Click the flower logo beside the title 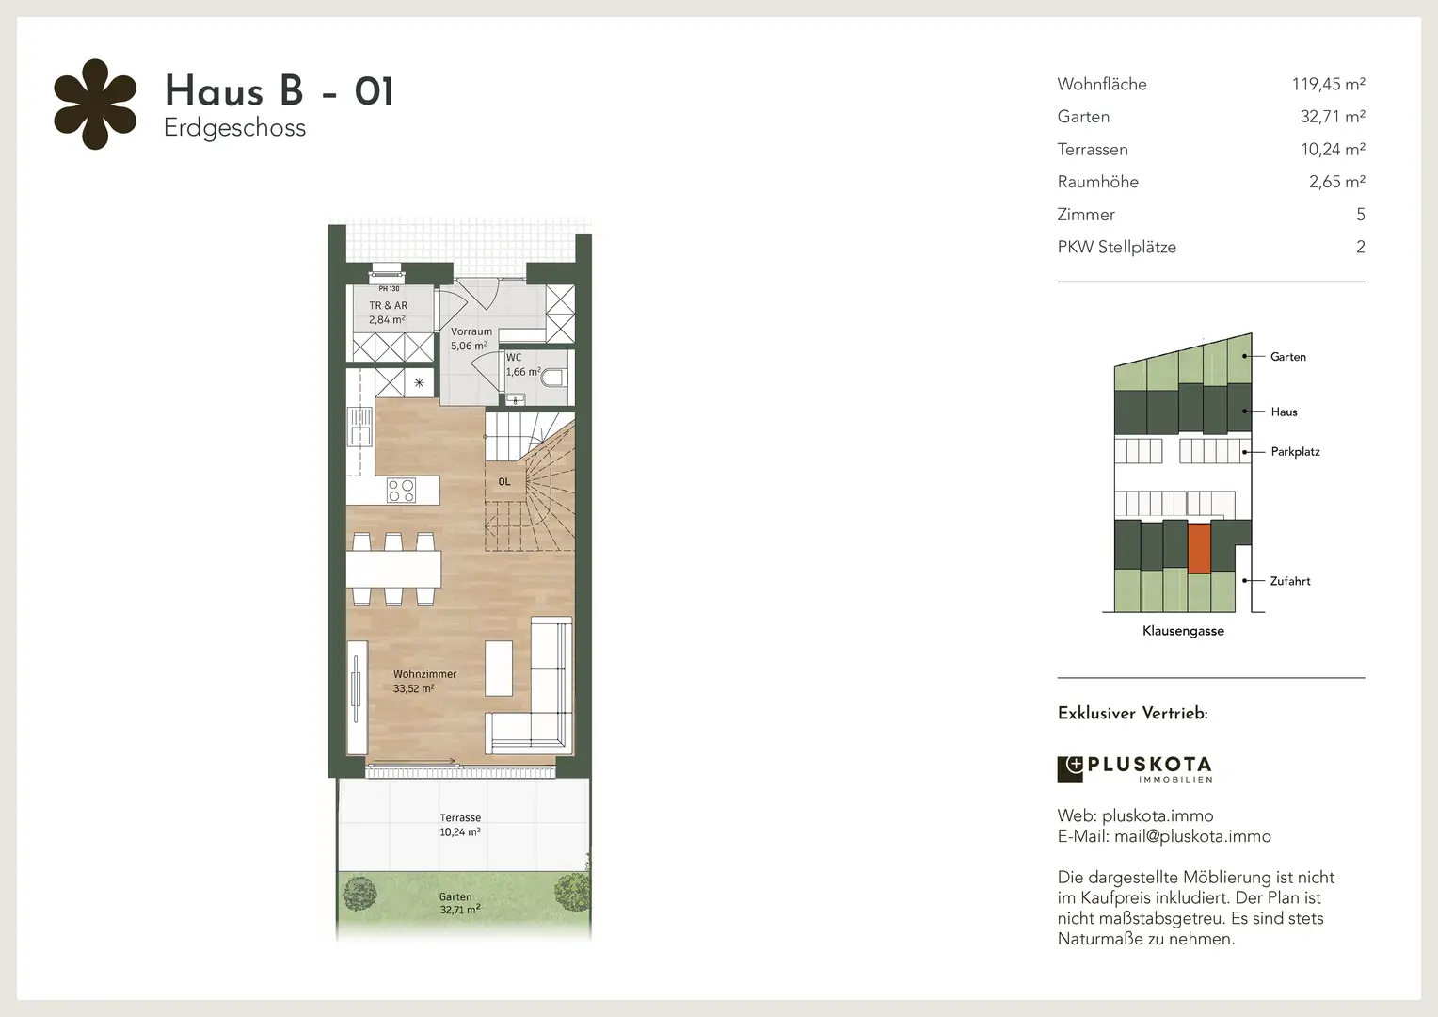tap(95, 105)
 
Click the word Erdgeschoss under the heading tap(235, 128)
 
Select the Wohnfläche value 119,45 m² tap(1328, 84)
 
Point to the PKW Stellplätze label tap(1116, 248)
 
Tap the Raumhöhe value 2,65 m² tap(1336, 182)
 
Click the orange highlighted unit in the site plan tap(1199, 548)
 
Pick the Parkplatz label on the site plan tap(1295, 452)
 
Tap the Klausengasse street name tap(1183, 631)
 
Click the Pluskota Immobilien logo tap(1135, 769)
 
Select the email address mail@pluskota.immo tap(1192, 836)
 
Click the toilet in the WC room tap(554, 377)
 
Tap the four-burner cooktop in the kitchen tap(401, 491)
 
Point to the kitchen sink tap(359, 427)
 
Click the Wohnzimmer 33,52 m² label tap(424, 681)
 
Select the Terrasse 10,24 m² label tap(460, 825)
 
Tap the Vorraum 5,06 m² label tap(471, 339)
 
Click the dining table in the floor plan tap(393, 569)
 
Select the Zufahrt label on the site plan tap(1289, 581)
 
